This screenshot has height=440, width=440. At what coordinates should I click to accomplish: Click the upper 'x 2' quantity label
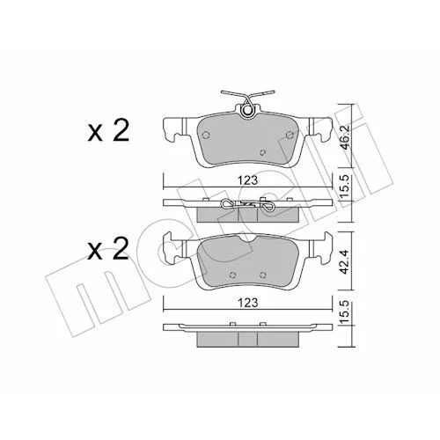108,131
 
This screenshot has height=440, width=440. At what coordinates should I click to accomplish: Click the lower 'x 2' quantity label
108,249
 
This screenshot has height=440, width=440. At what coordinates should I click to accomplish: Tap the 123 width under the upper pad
248,180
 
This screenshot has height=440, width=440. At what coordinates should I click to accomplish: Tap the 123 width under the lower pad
248,303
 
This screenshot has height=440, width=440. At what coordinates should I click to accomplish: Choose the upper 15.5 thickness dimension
345,186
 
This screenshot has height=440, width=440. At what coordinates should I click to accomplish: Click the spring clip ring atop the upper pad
248,111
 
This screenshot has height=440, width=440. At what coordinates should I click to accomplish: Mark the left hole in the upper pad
206,135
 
